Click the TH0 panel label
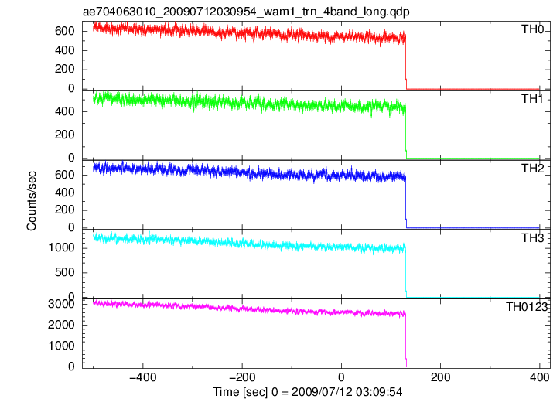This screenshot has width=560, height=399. [x=532, y=29]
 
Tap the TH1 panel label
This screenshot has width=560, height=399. [x=532, y=99]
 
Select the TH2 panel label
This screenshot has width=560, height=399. [x=532, y=168]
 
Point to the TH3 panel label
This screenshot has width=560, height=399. [x=532, y=237]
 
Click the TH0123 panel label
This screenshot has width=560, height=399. [x=527, y=307]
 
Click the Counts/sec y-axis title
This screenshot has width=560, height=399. [x=32, y=201]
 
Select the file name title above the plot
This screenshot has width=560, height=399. [x=246, y=12]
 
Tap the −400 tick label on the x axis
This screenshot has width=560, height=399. [x=143, y=377]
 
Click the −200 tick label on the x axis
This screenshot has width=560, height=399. [x=242, y=377]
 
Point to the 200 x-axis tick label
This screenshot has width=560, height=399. [x=440, y=377]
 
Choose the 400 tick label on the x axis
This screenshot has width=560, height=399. [x=539, y=377]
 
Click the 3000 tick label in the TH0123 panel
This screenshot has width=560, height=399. [x=61, y=304]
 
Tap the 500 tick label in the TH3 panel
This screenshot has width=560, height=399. [x=65, y=272]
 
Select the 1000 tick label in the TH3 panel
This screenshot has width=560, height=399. [x=61, y=247]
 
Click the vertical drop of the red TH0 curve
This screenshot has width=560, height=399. [x=406, y=60]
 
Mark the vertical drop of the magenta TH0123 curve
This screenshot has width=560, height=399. [x=406, y=339]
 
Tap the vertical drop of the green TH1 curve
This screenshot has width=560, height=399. [x=406, y=131]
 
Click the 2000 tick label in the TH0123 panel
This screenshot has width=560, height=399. [x=61, y=325]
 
